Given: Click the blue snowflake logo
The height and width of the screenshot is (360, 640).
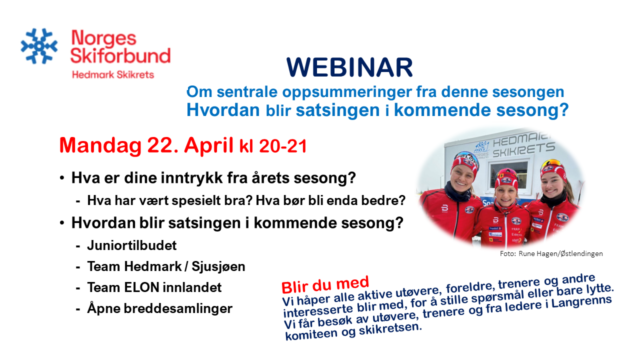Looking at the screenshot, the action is [39, 46].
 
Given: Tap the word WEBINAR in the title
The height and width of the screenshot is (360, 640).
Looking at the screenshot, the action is [349, 67].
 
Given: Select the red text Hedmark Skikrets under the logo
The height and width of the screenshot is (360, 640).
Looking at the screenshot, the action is [113, 75].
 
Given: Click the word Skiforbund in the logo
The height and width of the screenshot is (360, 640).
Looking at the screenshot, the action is [120, 55].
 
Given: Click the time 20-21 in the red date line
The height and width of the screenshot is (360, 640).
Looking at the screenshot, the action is [283, 146].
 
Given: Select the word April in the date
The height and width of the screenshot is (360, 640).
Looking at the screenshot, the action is [208, 145].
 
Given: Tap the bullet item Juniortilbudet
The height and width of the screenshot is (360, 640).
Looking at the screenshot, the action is [132, 245].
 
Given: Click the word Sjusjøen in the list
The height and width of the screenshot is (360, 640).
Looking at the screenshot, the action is [218, 267].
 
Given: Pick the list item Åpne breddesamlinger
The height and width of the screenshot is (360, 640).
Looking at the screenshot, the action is [159, 308].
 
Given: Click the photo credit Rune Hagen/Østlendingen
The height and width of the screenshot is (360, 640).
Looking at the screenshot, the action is [560, 253].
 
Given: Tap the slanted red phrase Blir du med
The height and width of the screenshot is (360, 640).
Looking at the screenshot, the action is [325, 285].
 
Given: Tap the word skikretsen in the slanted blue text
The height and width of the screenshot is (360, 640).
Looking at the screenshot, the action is [390, 329].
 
